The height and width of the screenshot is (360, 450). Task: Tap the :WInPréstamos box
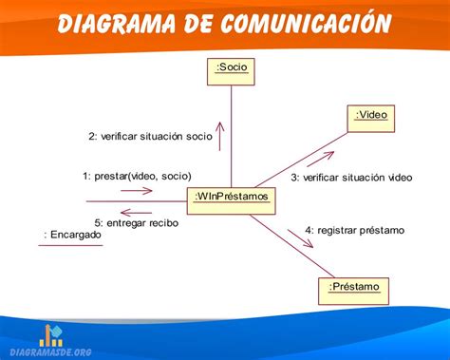point(233,198)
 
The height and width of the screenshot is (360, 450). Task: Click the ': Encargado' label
point(73,235)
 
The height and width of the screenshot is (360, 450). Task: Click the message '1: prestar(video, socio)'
point(137,176)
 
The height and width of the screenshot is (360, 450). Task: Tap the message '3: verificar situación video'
point(351,177)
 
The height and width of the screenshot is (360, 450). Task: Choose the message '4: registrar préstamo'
point(354,230)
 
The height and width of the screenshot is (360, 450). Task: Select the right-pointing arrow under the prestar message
point(136,190)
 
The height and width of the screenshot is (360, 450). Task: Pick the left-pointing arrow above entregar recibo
point(136,211)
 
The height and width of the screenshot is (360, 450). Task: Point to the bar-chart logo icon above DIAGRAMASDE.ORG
point(51,334)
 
